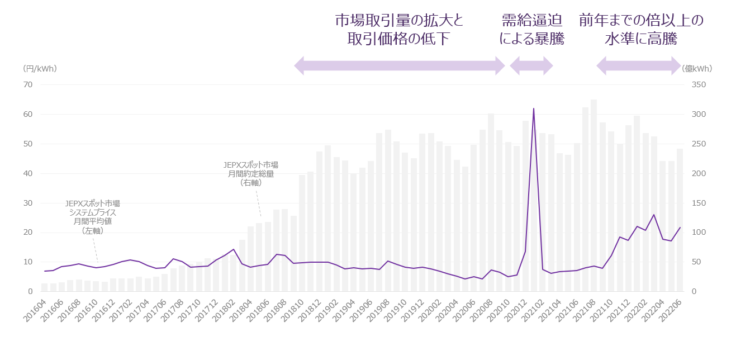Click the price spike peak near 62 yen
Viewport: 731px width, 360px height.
click(x=534, y=109)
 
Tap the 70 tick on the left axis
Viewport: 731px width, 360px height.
click(x=27, y=85)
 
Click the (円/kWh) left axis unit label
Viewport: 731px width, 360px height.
click(x=40, y=69)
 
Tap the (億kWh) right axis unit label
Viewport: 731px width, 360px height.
click(x=697, y=69)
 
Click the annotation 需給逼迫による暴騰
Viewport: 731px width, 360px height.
click(x=531, y=30)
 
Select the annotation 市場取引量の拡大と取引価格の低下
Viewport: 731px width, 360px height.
click(x=399, y=30)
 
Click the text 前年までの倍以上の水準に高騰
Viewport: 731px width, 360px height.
click(x=640, y=30)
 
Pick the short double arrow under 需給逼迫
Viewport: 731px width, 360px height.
click(x=531, y=66)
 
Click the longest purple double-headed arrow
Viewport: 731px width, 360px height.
click(x=399, y=66)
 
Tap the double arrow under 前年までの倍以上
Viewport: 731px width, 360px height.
click(x=638, y=66)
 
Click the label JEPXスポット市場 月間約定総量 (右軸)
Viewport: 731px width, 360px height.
click(x=250, y=173)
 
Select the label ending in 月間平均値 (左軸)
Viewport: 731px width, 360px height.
click(x=92, y=217)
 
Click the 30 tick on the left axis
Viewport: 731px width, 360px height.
click(x=27, y=203)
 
